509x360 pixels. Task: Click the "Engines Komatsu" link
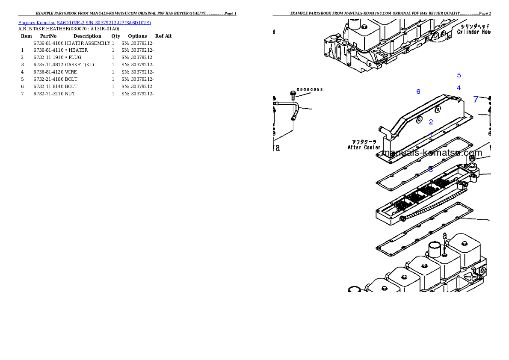tap(37, 23)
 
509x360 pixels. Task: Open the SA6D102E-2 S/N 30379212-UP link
tap(104, 23)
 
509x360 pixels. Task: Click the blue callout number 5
tap(459, 75)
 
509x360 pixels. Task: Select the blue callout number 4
tap(459, 88)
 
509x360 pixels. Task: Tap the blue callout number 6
tap(418, 92)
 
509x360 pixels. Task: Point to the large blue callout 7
tap(476, 100)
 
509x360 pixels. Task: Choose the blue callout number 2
tap(431, 122)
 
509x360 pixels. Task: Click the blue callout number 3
tap(431, 170)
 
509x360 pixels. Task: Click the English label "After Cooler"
tap(364, 148)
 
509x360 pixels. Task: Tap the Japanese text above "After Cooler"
tap(364, 142)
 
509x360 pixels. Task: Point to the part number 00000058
tap(310, 89)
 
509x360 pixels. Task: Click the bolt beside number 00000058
tap(293, 94)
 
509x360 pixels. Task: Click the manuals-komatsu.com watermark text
tap(432, 153)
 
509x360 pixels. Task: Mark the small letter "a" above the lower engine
tap(445, 236)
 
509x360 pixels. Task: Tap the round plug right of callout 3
tap(473, 159)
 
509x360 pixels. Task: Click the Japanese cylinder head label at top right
tap(472, 26)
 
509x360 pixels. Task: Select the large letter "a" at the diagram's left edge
tap(277, 148)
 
